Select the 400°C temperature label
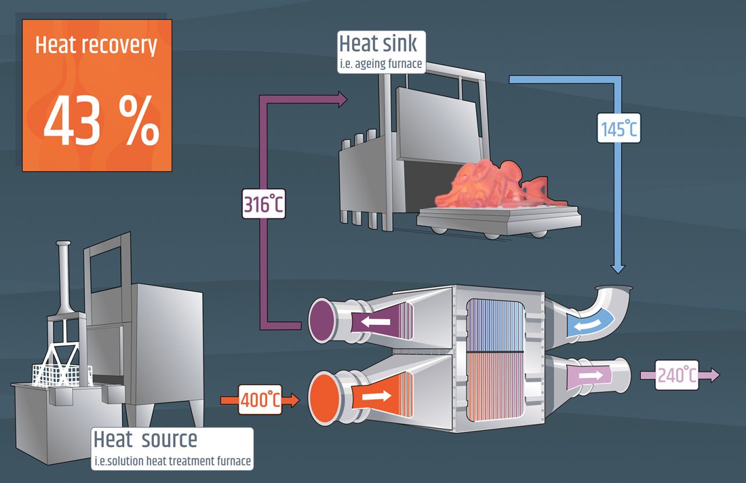[x=260, y=400]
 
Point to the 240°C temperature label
[x=677, y=374]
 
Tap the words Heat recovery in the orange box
[x=96, y=45]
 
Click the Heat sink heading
[x=378, y=44]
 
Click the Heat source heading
[x=145, y=440]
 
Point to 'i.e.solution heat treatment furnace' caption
[x=172, y=462]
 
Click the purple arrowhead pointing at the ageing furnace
[x=340, y=100]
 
